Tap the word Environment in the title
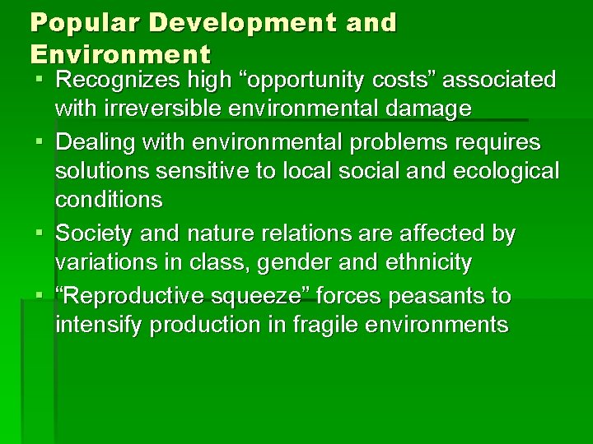(x=120, y=54)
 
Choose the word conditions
(x=109, y=200)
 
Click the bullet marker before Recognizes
(x=39, y=81)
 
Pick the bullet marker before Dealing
(x=39, y=142)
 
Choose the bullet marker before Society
(x=39, y=234)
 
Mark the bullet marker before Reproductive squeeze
(x=39, y=295)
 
